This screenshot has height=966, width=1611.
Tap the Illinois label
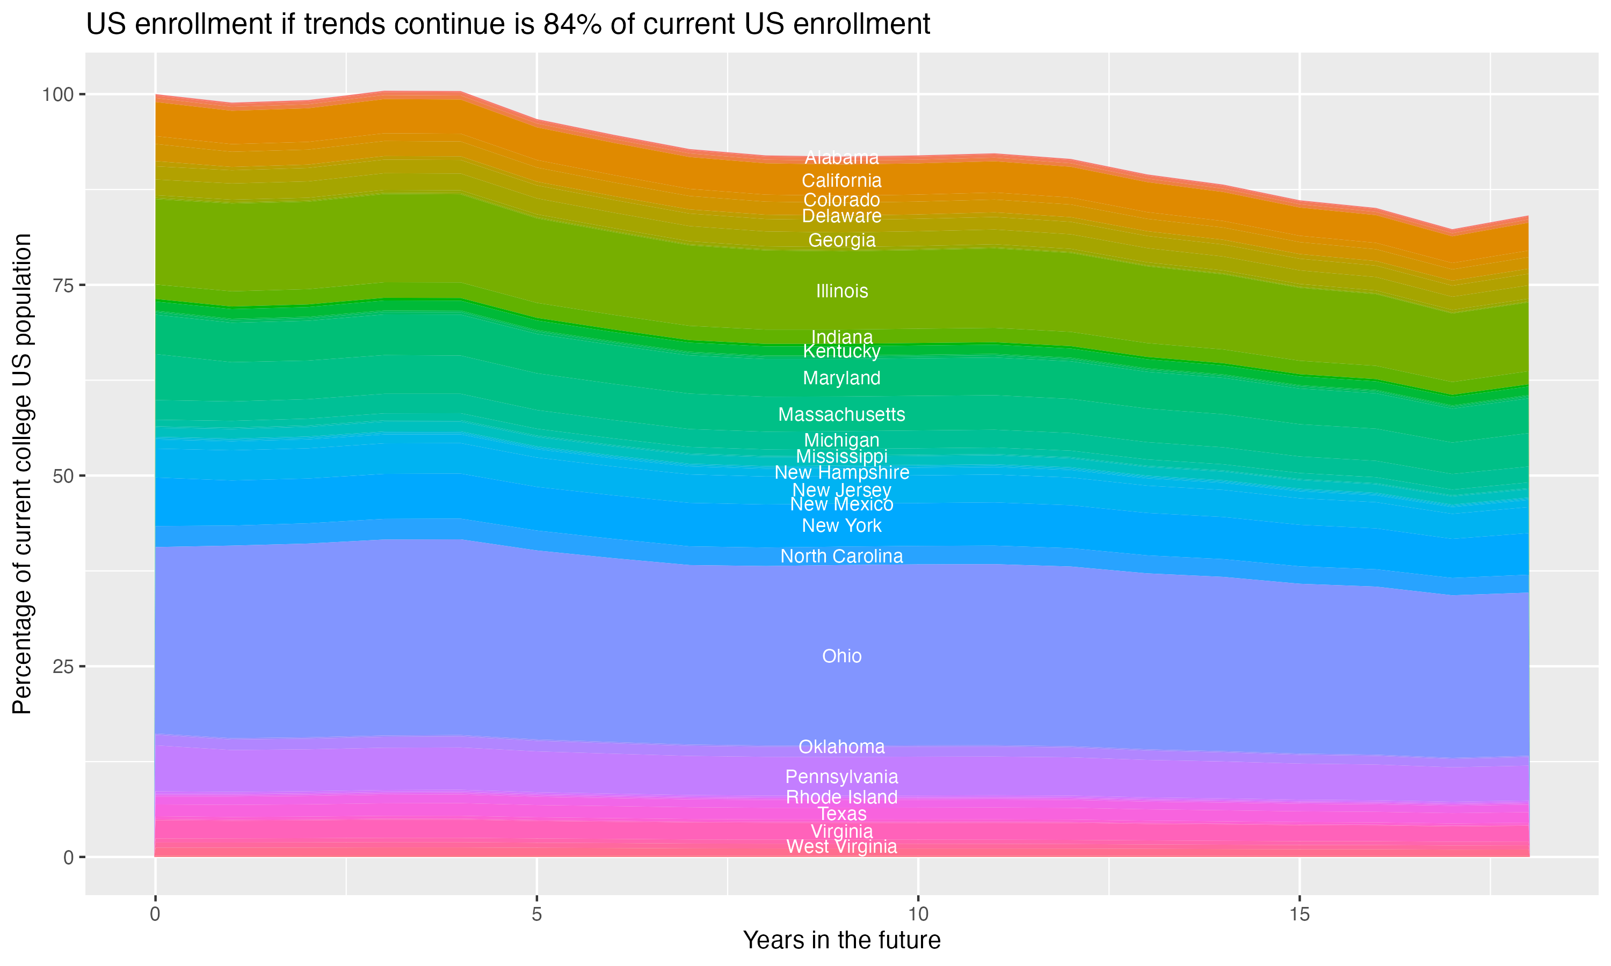pyautogui.click(x=841, y=291)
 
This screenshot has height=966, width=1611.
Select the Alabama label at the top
pyautogui.click(x=841, y=158)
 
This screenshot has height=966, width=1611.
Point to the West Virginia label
pyautogui.click(x=841, y=846)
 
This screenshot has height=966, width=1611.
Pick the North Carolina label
pyautogui.click(x=841, y=556)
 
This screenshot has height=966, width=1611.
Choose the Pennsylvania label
pyautogui.click(x=841, y=777)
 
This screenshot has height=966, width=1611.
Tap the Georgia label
pyautogui.click(x=841, y=240)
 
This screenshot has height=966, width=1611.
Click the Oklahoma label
pyautogui.click(x=841, y=747)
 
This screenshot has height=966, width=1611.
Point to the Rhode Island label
pyautogui.click(x=841, y=797)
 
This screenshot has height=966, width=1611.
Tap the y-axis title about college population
pyautogui.click(x=22, y=474)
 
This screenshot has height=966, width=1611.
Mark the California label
pyautogui.click(x=841, y=180)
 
